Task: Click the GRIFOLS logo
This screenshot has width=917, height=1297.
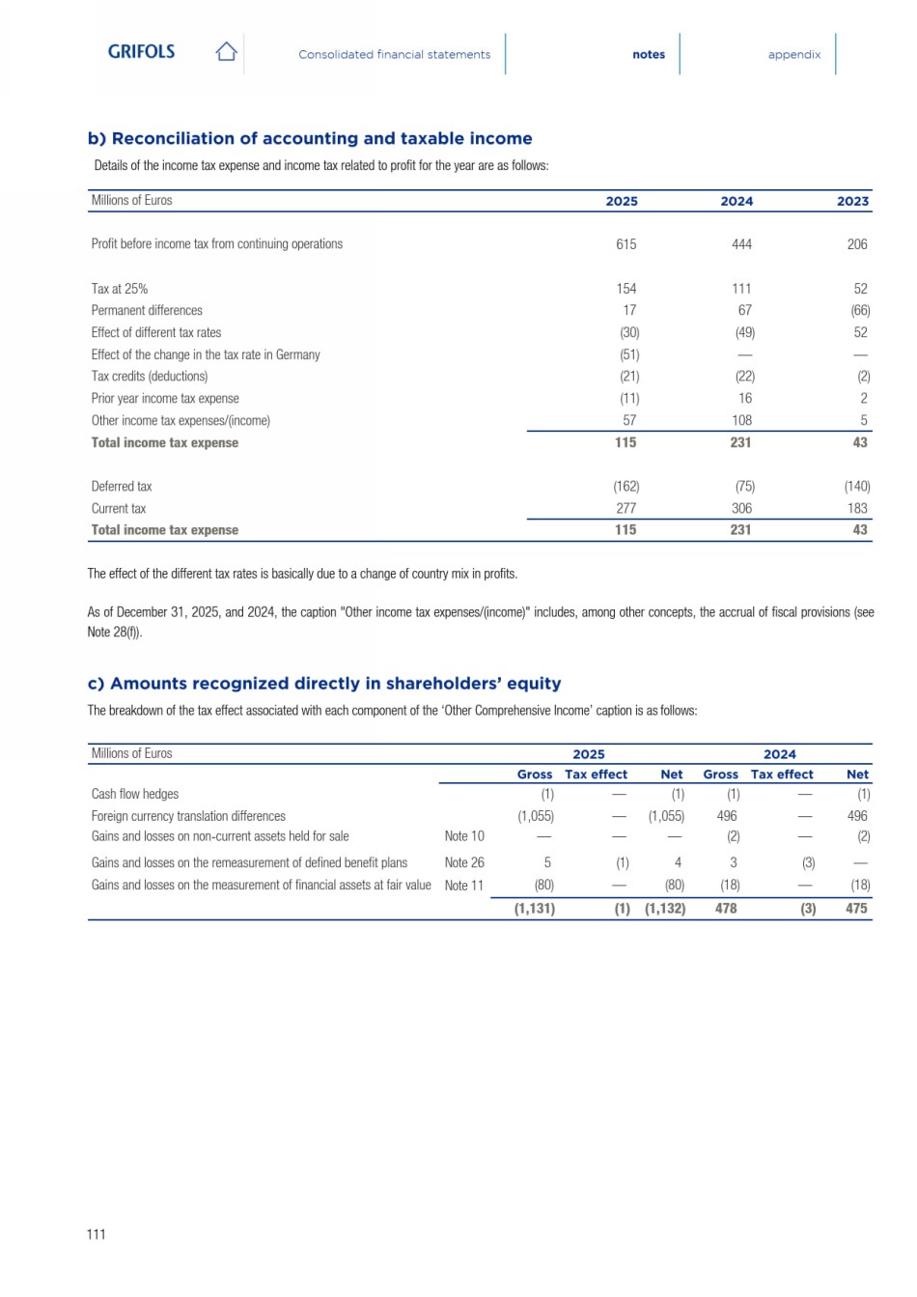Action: (141, 52)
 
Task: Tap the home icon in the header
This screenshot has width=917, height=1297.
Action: (226, 52)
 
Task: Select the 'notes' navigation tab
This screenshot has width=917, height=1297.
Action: (649, 55)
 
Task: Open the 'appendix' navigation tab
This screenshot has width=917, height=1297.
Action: (794, 55)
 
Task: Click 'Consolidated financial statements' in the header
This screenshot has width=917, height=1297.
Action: (394, 55)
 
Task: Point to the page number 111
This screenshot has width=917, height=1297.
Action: (97, 1234)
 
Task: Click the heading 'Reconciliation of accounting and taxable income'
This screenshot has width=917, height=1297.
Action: (310, 138)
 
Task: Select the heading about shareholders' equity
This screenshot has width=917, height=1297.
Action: (324, 684)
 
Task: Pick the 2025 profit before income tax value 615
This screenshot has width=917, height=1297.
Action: (625, 244)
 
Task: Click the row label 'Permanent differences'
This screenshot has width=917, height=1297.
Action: (147, 311)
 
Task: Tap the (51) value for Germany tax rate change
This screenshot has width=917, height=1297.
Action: (629, 354)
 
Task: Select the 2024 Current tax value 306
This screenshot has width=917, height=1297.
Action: (741, 508)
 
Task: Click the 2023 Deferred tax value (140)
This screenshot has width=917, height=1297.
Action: (856, 487)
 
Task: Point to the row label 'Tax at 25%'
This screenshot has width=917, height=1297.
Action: (120, 289)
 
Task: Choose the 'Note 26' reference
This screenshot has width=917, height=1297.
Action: (464, 862)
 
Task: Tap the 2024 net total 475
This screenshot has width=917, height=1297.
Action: (856, 909)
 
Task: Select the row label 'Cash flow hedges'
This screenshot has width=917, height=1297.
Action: (135, 794)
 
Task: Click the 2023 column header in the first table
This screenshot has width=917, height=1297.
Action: (852, 202)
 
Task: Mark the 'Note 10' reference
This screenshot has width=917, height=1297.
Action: (464, 836)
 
